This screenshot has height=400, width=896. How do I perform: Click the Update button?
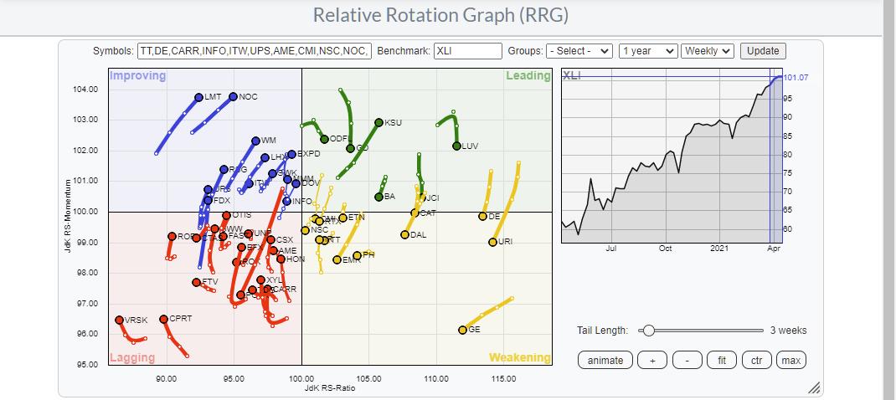click(x=763, y=51)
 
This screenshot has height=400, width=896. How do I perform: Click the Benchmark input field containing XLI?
click(x=467, y=51)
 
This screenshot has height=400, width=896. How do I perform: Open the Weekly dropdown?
click(x=708, y=51)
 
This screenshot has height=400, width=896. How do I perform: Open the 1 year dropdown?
click(x=647, y=51)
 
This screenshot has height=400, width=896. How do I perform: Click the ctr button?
click(x=756, y=360)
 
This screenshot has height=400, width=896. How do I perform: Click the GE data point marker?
click(x=462, y=330)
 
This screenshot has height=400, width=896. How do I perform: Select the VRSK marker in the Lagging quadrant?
click(x=119, y=320)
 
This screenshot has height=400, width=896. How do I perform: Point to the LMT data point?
click(x=198, y=97)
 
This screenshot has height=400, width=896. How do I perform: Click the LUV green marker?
click(x=456, y=146)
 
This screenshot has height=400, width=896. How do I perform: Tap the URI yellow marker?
click(x=492, y=242)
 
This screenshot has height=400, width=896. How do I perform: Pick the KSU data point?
click(x=378, y=122)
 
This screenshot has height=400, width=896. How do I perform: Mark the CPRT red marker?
click(x=163, y=319)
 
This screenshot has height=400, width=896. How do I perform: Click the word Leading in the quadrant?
click(x=528, y=76)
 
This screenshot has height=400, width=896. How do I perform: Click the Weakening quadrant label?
click(x=519, y=357)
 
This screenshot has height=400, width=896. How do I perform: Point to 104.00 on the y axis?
click(x=86, y=89)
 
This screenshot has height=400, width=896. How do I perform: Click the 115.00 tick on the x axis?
click(x=503, y=379)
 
